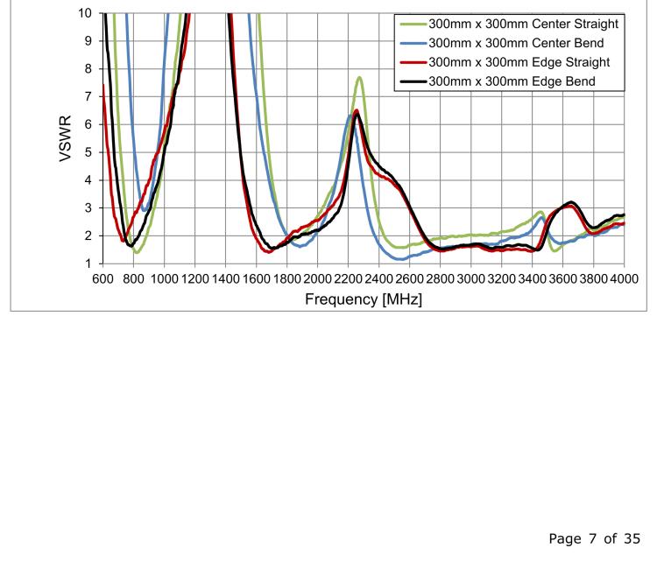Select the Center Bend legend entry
pos(516,43)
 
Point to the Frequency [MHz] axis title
pos(363,299)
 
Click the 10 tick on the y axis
pos(84,13)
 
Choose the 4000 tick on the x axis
pos(624,278)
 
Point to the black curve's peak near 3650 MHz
pos(571,202)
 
